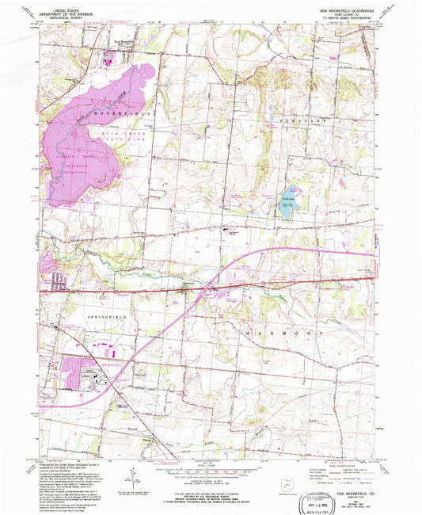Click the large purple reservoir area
79,143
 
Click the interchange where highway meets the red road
207,290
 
